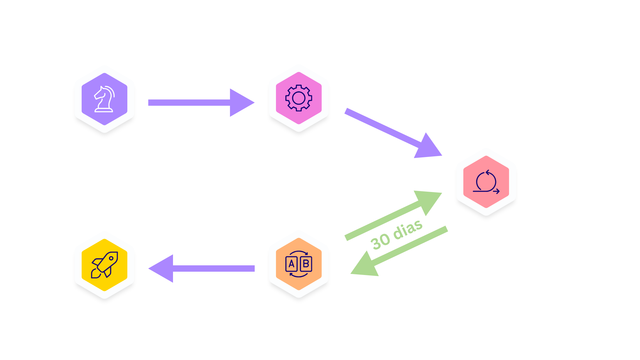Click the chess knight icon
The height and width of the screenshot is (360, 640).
pos(104,99)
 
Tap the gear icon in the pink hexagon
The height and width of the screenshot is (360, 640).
pos(299,98)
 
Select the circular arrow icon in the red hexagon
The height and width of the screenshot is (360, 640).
pos(486,182)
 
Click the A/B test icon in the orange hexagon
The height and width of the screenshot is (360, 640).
pos(299,264)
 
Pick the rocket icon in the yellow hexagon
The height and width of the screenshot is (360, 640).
pos(104,265)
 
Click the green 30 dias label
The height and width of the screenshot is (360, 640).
pos(396,235)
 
